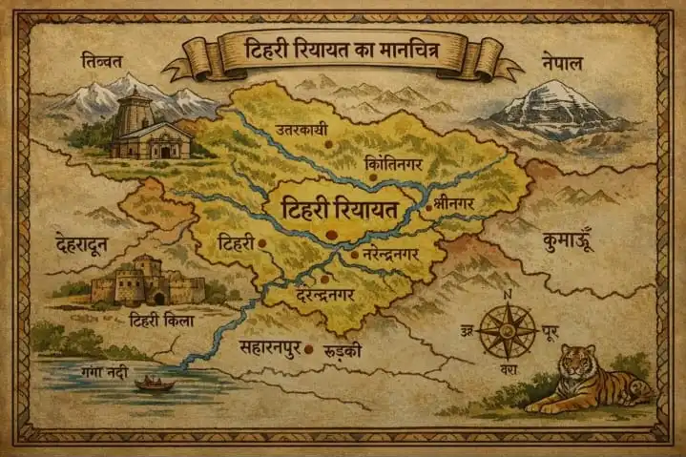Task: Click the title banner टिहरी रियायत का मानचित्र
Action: point(343,50)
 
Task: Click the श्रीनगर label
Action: point(451,203)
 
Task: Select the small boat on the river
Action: point(155,384)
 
